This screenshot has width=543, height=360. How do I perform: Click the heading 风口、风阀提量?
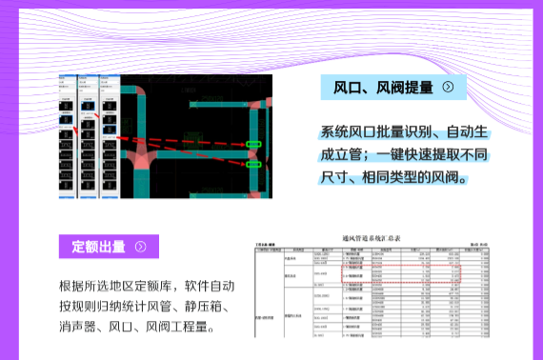[x=383, y=89]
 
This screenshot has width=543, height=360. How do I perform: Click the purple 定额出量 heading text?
[x=99, y=247]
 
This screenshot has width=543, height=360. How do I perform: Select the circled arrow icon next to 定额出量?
[x=141, y=247]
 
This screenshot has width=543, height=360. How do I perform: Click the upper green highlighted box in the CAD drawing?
[x=254, y=146]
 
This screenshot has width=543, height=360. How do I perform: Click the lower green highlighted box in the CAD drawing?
[x=254, y=164]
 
